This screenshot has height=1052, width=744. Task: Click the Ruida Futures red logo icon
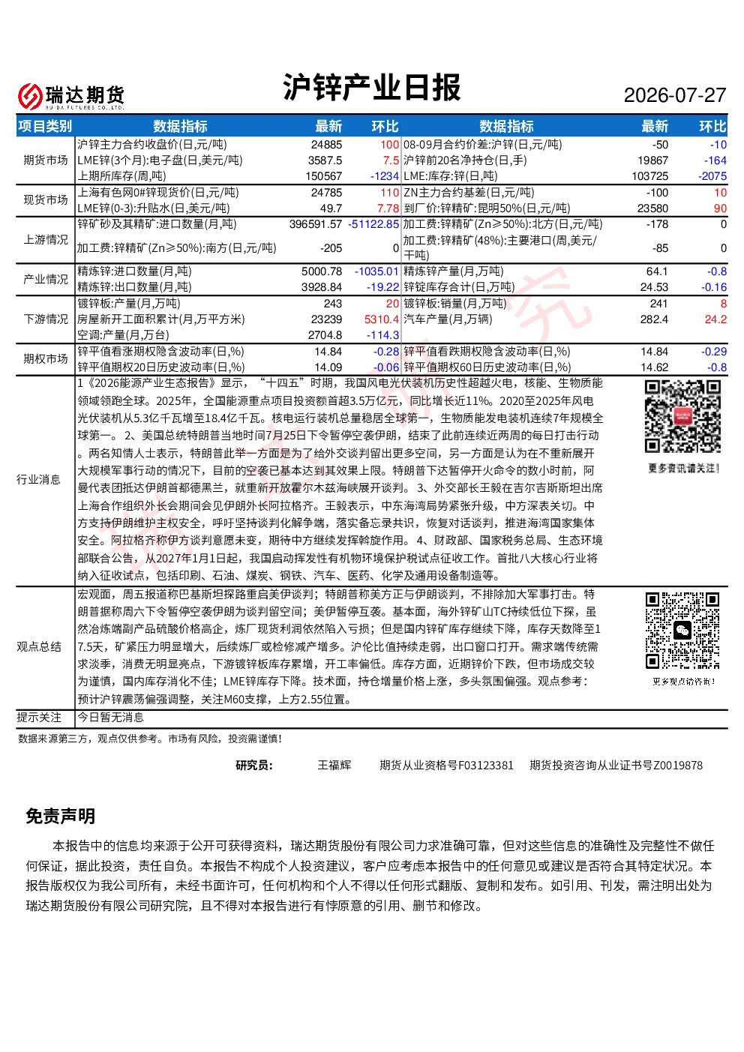tap(29, 96)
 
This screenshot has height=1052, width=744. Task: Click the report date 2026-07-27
tap(674, 95)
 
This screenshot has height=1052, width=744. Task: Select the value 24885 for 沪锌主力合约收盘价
tap(326, 145)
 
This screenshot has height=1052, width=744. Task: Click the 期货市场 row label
tap(46, 160)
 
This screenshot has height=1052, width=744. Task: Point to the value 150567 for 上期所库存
tap(323, 176)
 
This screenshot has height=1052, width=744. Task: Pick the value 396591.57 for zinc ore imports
tap(316, 224)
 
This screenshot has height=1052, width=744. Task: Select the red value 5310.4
tap(382, 319)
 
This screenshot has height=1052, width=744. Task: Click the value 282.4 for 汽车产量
tap(654, 319)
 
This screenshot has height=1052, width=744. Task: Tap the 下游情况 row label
tap(46, 319)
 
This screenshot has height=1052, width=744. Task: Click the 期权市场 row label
tap(46, 359)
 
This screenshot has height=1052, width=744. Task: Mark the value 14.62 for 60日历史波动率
tap(654, 367)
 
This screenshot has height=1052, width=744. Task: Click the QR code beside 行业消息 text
tap(682, 417)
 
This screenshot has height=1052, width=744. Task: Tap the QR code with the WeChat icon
tap(682, 631)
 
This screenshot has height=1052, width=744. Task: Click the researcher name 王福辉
tap(334, 765)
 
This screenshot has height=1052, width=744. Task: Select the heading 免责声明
tap(60, 816)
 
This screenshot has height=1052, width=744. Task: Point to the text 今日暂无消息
tap(110, 717)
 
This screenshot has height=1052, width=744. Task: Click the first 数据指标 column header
tap(180, 126)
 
